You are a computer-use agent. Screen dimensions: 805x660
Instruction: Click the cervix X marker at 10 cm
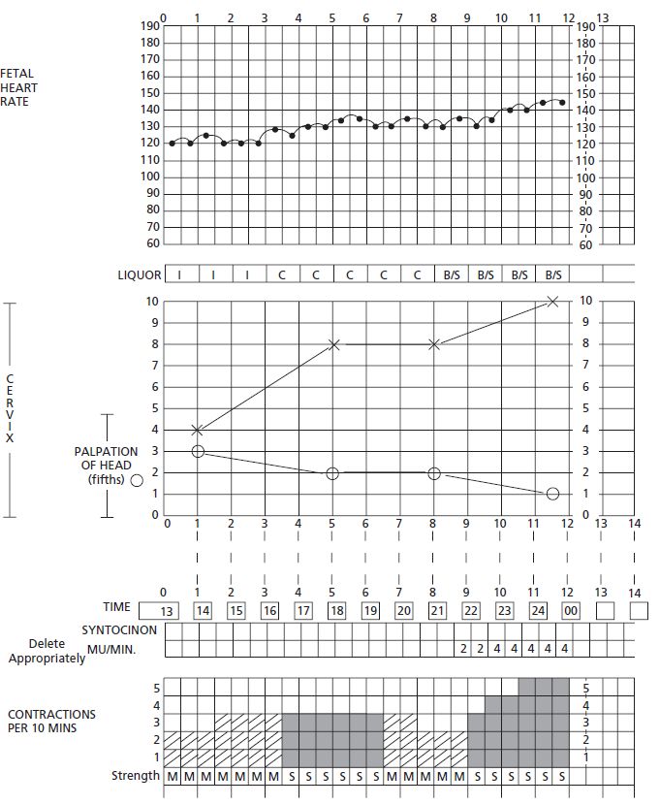552,301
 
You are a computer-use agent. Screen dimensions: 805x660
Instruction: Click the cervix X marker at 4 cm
198,430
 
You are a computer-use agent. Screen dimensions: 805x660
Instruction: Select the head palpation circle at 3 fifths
198,451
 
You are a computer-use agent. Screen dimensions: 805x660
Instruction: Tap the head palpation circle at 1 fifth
552,494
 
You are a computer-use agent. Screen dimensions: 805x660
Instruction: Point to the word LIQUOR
146,275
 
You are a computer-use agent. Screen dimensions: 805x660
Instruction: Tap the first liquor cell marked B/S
452,275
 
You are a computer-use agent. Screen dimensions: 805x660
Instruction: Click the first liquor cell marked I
180,275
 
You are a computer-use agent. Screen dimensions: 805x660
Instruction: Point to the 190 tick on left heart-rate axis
149,26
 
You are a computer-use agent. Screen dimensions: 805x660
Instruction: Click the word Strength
135,776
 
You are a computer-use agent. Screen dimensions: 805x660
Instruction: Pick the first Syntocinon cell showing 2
463,648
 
